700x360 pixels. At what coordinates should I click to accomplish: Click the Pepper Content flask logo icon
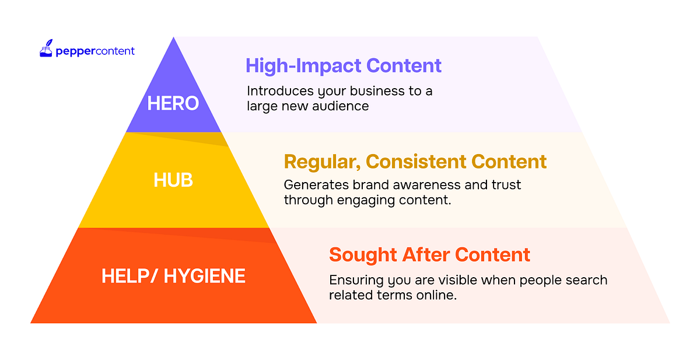pos(46,49)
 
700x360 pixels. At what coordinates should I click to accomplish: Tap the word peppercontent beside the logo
pos(95,51)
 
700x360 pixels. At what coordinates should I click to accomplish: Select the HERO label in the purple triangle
pos(173,103)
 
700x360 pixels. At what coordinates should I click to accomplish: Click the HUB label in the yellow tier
pos(173,180)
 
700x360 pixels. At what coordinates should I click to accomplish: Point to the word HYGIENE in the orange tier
pos(205,275)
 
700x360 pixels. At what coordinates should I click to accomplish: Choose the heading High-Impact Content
pos(344,65)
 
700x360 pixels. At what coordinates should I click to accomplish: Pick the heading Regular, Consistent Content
pos(415,161)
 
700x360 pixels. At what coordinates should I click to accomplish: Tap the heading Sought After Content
pos(429,254)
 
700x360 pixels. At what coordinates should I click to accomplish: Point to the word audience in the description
pos(343,106)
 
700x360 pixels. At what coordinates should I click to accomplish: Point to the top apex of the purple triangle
pos(173,38)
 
